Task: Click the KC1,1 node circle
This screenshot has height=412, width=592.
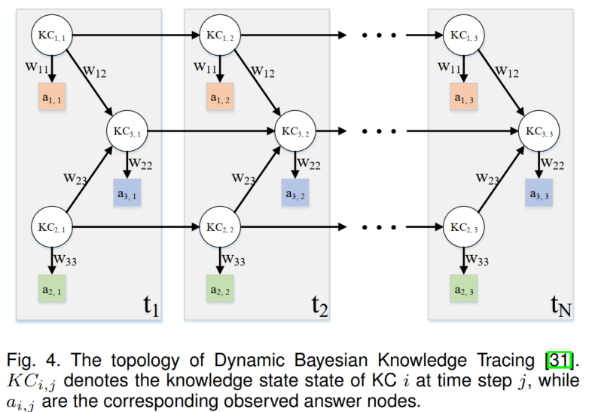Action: tap(50, 35)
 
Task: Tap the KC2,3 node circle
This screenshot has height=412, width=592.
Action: tap(463, 227)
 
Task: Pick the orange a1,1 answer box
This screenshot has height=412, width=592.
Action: tap(52, 97)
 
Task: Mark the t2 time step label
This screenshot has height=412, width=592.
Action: tap(318, 306)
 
